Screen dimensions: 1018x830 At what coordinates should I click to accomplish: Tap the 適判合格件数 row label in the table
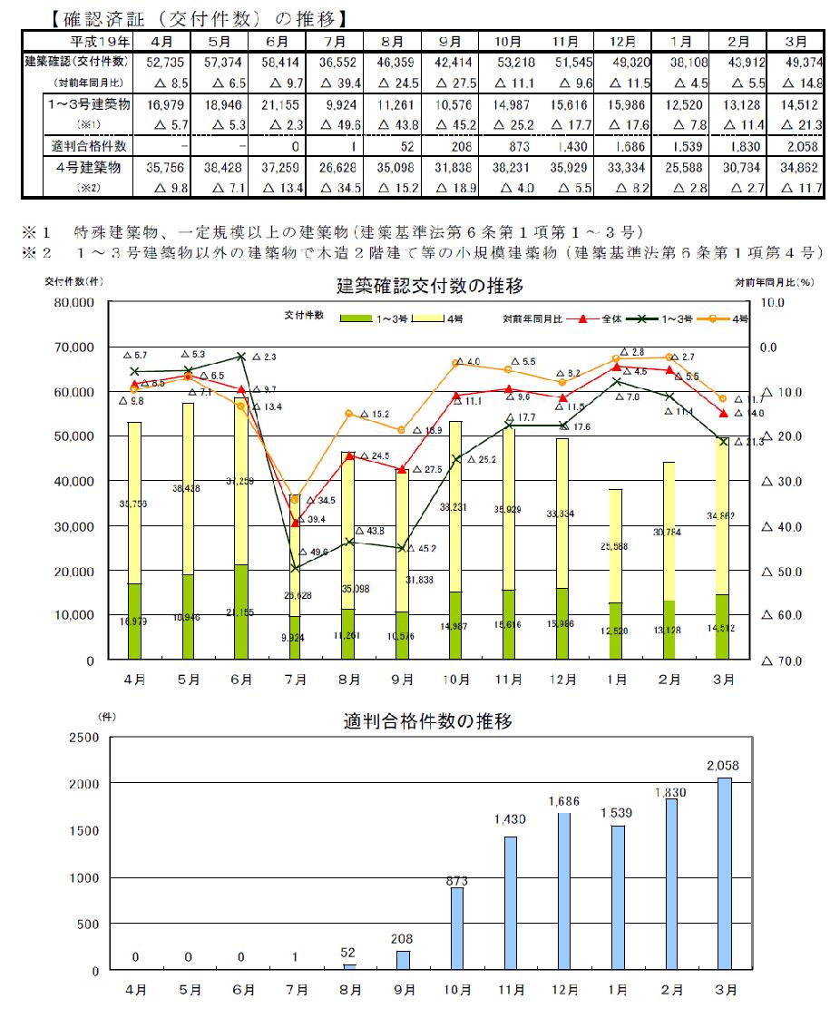tap(89, 145)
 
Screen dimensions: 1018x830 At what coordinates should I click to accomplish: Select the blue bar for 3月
tap(723, 874)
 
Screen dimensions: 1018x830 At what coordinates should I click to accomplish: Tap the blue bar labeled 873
tap(456, 929)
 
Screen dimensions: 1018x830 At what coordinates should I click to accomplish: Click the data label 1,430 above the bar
tap(510, 819)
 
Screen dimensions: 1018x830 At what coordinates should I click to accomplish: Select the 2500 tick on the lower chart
tap(84, 737)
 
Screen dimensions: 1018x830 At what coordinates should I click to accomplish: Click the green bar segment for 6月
tap(241, 612)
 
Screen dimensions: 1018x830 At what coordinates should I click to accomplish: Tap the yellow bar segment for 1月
tap(615, 545)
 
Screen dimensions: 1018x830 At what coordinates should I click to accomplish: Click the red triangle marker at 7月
tap(296, 524)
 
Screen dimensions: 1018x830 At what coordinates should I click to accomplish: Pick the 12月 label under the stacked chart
tap(562, 680)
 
